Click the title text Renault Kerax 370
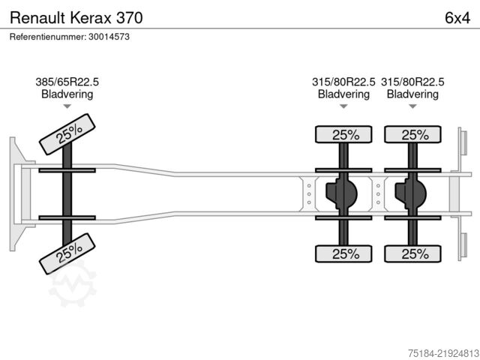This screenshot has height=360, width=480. tap(76, 18)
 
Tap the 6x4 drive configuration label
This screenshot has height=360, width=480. tap(457, 18)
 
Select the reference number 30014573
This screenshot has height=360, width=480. tap(109, 37)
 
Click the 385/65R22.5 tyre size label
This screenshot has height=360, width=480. tap(67, 82)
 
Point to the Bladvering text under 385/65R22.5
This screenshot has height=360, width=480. tap(67, 94)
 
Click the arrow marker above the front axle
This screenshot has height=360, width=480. tap(67, 106)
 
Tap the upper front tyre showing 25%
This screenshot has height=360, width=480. tap(67, 134)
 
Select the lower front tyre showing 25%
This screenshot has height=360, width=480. tap(67, 253)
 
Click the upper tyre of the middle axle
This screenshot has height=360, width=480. tap(343, 134)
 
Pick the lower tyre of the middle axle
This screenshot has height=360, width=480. tap(343, 253)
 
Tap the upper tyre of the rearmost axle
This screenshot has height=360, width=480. tap(412, 134)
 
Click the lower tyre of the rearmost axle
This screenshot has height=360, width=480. tap(412, 253)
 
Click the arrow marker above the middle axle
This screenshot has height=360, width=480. tap(343, 106)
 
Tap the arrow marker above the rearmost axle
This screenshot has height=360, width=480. tap(412, 106)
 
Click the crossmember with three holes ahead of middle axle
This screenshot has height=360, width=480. tap(309, 194)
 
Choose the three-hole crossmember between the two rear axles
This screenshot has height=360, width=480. tap(378, 194)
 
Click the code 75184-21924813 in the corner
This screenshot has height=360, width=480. tap(443, 353)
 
